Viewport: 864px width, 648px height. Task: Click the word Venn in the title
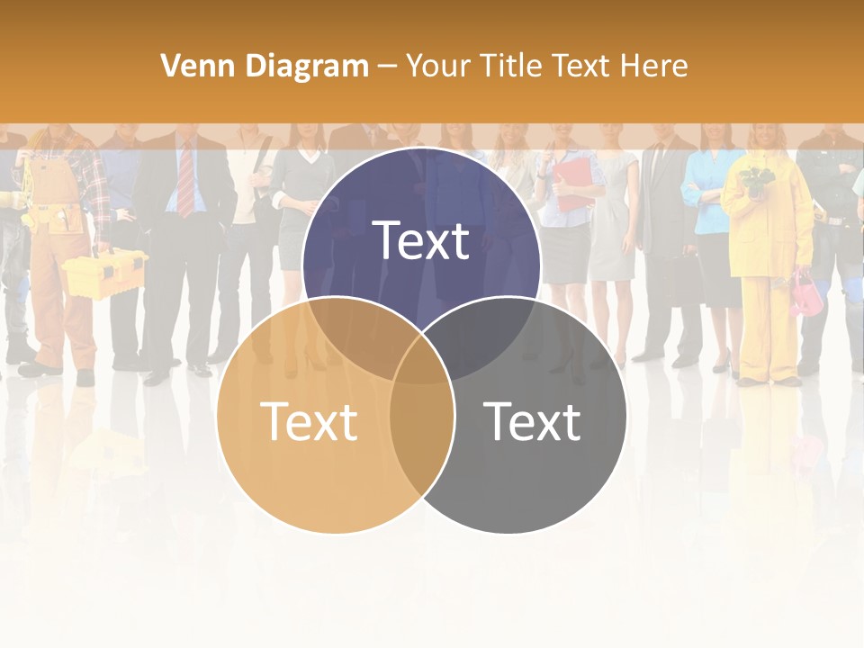click(192, 66)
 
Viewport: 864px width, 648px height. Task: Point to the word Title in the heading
click(511, 66)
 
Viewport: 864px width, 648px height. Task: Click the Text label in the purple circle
click(421, 241)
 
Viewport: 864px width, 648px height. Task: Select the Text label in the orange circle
click(309, 421)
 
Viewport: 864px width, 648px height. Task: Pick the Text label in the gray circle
click(532, 421)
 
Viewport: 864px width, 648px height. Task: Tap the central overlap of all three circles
click(421, 360)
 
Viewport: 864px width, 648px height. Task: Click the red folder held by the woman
click(571, 184)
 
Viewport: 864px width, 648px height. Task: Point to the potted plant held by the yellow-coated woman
click(754, 180)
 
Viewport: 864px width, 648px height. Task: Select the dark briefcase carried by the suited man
click(685, 279)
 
